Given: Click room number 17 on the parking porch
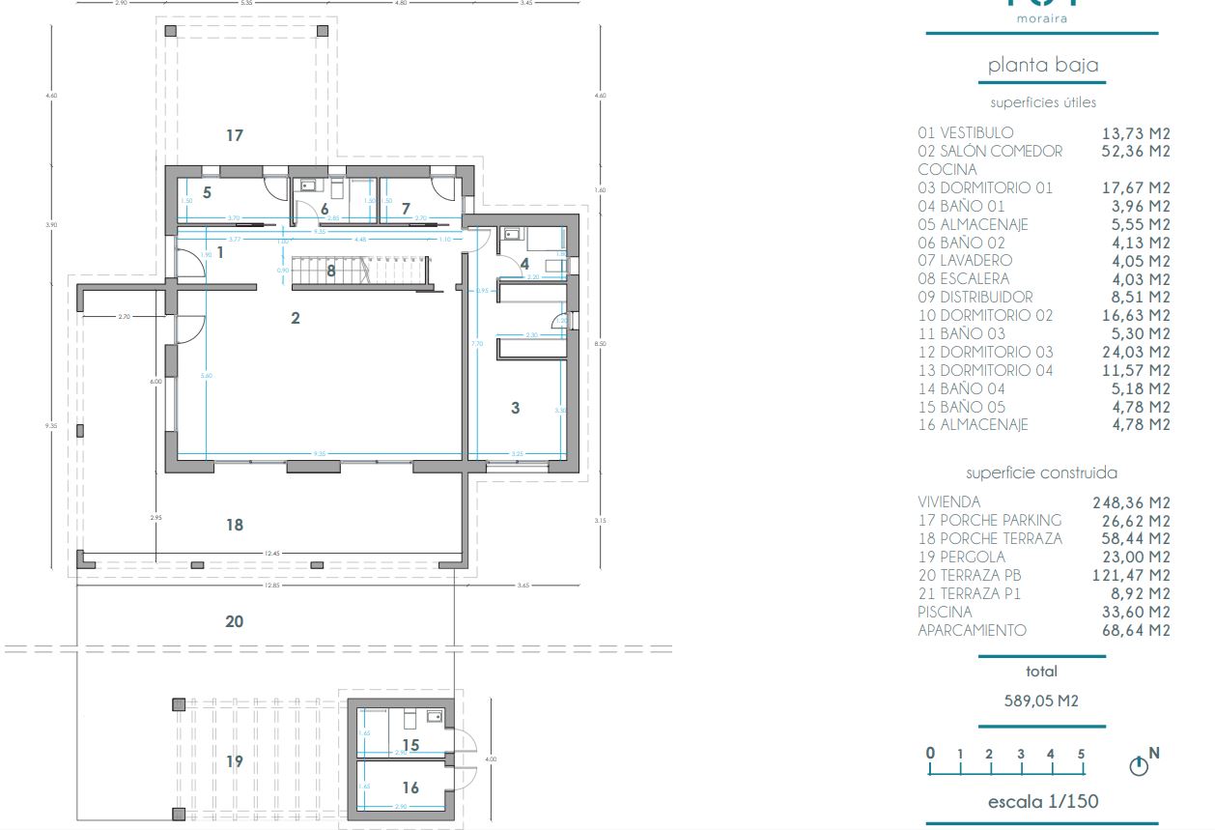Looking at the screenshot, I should click(x=235, y=136).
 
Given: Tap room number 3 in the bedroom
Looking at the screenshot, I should click(x=515, y=409).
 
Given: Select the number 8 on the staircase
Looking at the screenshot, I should click(x=331, y=272).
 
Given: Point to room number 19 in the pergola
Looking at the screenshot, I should click(x=235, y=761).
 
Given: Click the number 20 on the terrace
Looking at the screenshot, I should click(x=235, y=622).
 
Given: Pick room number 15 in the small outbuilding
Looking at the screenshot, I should click(x=410, y=745).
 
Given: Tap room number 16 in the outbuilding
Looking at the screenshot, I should click(x=410, y=788).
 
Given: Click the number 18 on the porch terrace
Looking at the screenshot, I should click(x=235, y=526).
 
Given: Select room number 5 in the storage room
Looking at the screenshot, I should click(x=207, y=192).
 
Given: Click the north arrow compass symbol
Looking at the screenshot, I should click(x=1140, y=766).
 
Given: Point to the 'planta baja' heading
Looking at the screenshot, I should click(x=1042, y=66).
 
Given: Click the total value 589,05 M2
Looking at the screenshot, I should click(x=1042, y=701).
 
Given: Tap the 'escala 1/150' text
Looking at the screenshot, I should click(x=1042, y=802).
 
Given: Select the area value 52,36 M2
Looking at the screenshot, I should click(x=1136, y=152).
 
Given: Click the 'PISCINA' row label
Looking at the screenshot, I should click(x=946, y=613).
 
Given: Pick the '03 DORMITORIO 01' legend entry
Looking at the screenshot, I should click(x=985, y=188).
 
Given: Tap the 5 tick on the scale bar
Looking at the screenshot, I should click(x=1081, y=755).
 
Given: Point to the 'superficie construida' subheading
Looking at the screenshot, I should click(x=1042, y=473).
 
